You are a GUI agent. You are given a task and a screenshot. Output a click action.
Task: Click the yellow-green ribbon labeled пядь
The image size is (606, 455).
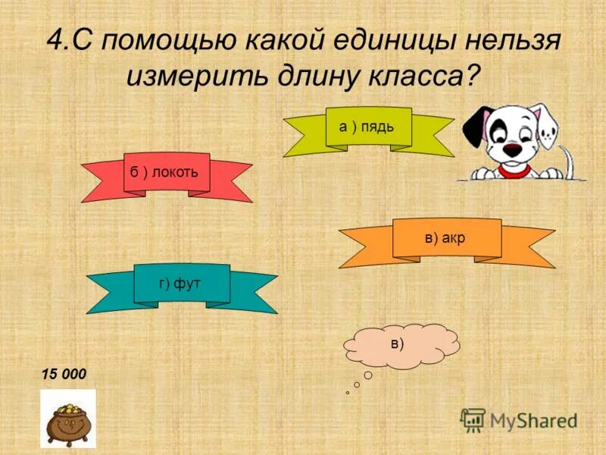pyautogui.click(x=368, y=127)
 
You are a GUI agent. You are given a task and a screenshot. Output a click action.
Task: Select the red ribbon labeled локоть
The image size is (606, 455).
pyautogui.click(x=166, y=172)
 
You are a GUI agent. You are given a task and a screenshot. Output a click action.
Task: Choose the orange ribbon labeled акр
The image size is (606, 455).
pyautogui.click(x=446, y=238)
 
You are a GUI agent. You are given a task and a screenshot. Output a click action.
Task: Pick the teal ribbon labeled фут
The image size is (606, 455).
pyautogui.click(x=182, y=284)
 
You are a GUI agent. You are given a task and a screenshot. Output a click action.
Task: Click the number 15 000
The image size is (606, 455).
pyautogui.click(x=64, y=374)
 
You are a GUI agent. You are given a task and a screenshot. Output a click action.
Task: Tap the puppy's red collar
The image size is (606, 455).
pyautogui.click(x=515, y=171)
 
